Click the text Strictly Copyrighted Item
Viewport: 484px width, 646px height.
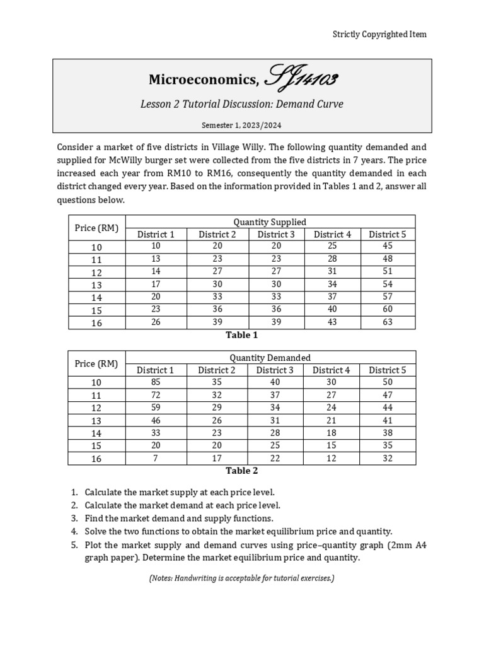pyautogui.click(x=379, y=34)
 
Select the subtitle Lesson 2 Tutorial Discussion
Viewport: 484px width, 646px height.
pyautogui.click(x=241, y=104)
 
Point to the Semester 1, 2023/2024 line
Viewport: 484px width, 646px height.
pyautogui.click(x=241, y=125)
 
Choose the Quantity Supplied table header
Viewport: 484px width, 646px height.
pyautogui.click(x=270, y=221)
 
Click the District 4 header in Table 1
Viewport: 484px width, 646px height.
pyautogui.click(x=332, y=234)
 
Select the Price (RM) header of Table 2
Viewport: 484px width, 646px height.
pyautogui.click(x=96, y=364)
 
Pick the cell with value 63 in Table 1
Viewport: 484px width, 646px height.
pyautogui.click(x=387, y=322)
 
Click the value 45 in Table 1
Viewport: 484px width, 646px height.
pyautogui.click(x=387, y=246)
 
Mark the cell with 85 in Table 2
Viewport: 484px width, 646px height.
pyautogui.click(x=156, y=382)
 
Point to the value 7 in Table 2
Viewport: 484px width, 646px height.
pyautogui.click(x=156, y=458)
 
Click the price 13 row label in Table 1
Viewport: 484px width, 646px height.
pyautogui.click(x=96, y=285)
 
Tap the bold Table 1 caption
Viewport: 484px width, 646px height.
pyautogui.click(x=241, y=335)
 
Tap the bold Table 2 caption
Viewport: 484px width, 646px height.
pyautogui.click(x=241, y=471)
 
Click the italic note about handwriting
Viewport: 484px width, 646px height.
pyautogui.click(x=241, y=578)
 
